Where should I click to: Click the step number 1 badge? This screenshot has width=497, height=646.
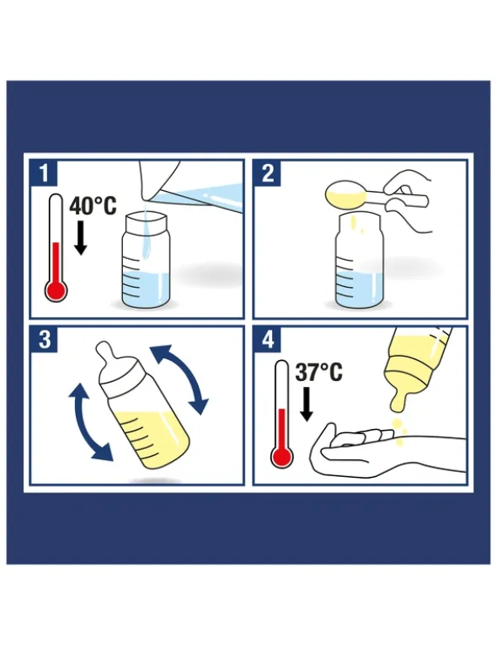pos(44,173)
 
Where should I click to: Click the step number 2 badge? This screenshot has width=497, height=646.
pos(268,173)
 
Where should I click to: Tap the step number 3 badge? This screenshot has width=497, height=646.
pos(44,340)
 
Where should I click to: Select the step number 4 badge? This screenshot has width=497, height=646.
pos(268,340)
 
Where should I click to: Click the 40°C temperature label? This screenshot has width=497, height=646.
pos(93,205)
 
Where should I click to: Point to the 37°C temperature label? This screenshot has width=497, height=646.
pos(318,372)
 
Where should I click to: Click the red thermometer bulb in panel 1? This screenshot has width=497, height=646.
pos(56,290)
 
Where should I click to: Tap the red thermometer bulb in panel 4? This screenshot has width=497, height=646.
pos(282,457)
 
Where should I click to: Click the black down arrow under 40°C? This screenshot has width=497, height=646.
pos(80,238)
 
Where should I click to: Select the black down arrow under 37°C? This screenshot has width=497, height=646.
pos(306,404)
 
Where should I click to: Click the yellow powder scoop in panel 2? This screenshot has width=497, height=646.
pos(345,195)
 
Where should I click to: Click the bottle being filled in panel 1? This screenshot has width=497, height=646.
pos(147,260)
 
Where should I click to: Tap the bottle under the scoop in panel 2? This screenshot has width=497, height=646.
pos(359,261)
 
